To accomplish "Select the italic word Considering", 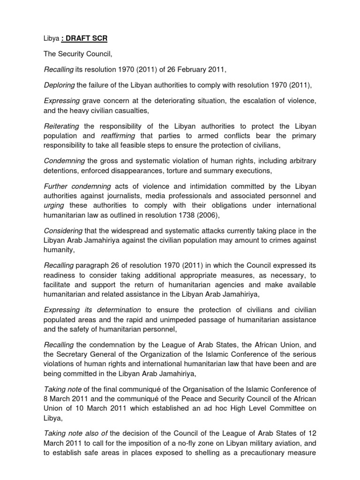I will pos(62,231).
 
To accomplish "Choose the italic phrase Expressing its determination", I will pos(92,310).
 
